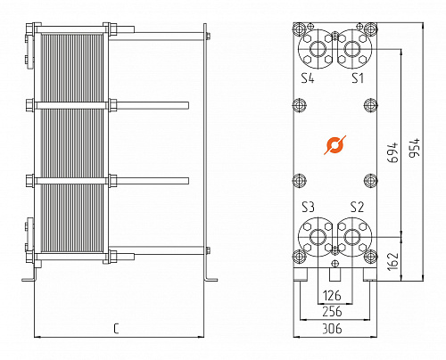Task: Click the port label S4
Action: coord(308,78)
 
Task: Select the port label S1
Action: coord(357,78)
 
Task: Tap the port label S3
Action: coord(309,206)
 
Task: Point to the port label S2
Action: coord(357,206)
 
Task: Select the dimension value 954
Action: coord(414,148)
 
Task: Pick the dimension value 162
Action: coord(392,260)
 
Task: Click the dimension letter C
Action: coord(117,330)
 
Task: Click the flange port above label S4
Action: coord(318,47)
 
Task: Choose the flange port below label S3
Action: coord(318,237)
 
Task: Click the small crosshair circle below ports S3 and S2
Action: coord(334,264)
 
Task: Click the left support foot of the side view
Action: coord(29,276)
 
